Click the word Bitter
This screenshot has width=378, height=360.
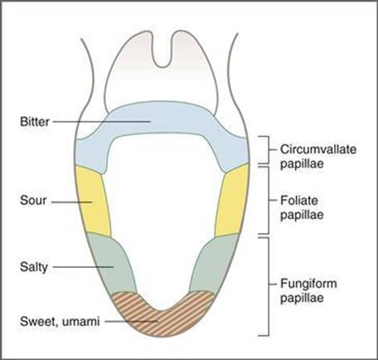(35, 122)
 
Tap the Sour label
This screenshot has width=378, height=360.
(33, 201)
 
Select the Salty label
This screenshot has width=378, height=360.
(34, 267)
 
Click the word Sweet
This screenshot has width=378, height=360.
(37, 322)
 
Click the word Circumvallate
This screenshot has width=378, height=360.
(318, 149)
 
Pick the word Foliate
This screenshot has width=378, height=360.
(299, 201)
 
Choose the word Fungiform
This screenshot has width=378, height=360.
(308, 284)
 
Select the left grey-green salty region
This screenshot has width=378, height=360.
(112, 264)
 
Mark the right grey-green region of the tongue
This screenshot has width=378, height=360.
(214, 263)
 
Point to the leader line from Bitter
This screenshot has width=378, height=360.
(101, 122)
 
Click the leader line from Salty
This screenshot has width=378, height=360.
(83, 267)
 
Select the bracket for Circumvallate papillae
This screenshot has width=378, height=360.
(269, 149)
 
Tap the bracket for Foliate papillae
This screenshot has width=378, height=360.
(269, 200)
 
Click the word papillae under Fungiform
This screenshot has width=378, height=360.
(302, 299)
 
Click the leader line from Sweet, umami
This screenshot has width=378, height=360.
(131, 322)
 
